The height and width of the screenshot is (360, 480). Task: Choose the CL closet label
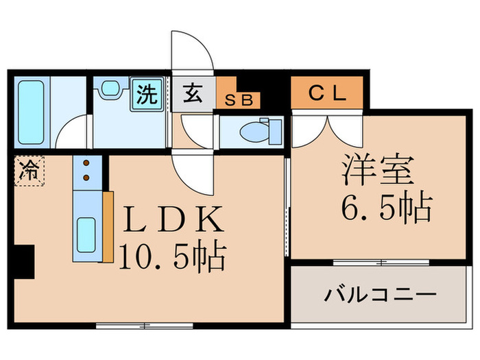click(326, 94)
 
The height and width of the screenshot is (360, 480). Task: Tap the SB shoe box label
click(239, 100)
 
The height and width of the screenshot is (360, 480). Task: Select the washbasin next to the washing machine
click(110, 88)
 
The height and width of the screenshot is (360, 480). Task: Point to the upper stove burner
click(86, 165)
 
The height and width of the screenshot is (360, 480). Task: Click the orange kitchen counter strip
click(108, 226)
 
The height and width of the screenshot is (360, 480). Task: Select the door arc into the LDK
click(194, 171)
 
